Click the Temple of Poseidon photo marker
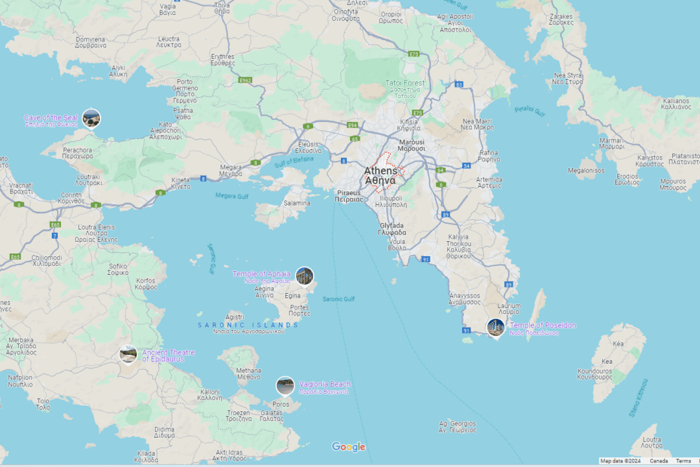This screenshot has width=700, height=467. click(496, 327)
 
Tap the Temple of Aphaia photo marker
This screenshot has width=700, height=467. click(304, 276)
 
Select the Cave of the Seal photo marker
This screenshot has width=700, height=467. click(91, 119)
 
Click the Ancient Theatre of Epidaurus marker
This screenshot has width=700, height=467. click(128, 354)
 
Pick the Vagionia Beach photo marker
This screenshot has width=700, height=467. click(285, 385)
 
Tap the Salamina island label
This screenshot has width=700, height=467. click(297, 203)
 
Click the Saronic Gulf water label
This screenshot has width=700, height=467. click(338, 299)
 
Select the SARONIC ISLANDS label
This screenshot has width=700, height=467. click(248, 325)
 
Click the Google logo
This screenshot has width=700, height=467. click(349, 447)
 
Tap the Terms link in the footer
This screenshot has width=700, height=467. click(683, 461)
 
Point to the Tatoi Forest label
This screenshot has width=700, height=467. click(405, 83)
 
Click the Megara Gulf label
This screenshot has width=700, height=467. click(232, 196)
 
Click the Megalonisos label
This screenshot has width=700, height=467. click(586, 171)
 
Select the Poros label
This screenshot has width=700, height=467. click(281, 404)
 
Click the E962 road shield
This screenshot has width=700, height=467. click(245, 80)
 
